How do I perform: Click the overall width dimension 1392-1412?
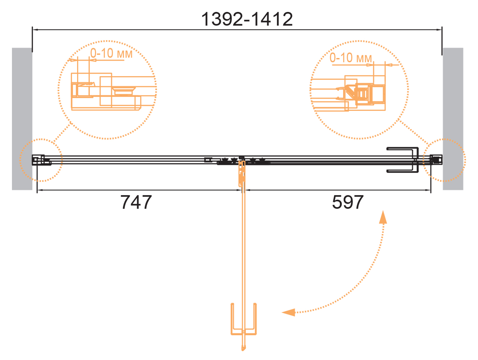click(247, 19)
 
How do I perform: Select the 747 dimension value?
click(136, 202)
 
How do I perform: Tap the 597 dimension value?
click(348, 202)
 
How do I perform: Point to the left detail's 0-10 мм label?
click(111, 53)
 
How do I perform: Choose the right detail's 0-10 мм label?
click(351, 58)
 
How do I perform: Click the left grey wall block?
click(22, 119)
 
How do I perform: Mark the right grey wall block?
click(453, 119)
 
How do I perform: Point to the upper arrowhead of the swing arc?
click(383, 217)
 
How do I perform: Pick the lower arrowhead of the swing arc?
click(288, 312)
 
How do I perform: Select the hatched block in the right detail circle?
click(376, 94)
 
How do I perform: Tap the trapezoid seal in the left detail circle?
click(124, 91)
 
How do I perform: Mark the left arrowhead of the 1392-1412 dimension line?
click(35, 30)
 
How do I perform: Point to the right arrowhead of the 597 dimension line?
click(428, 190)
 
